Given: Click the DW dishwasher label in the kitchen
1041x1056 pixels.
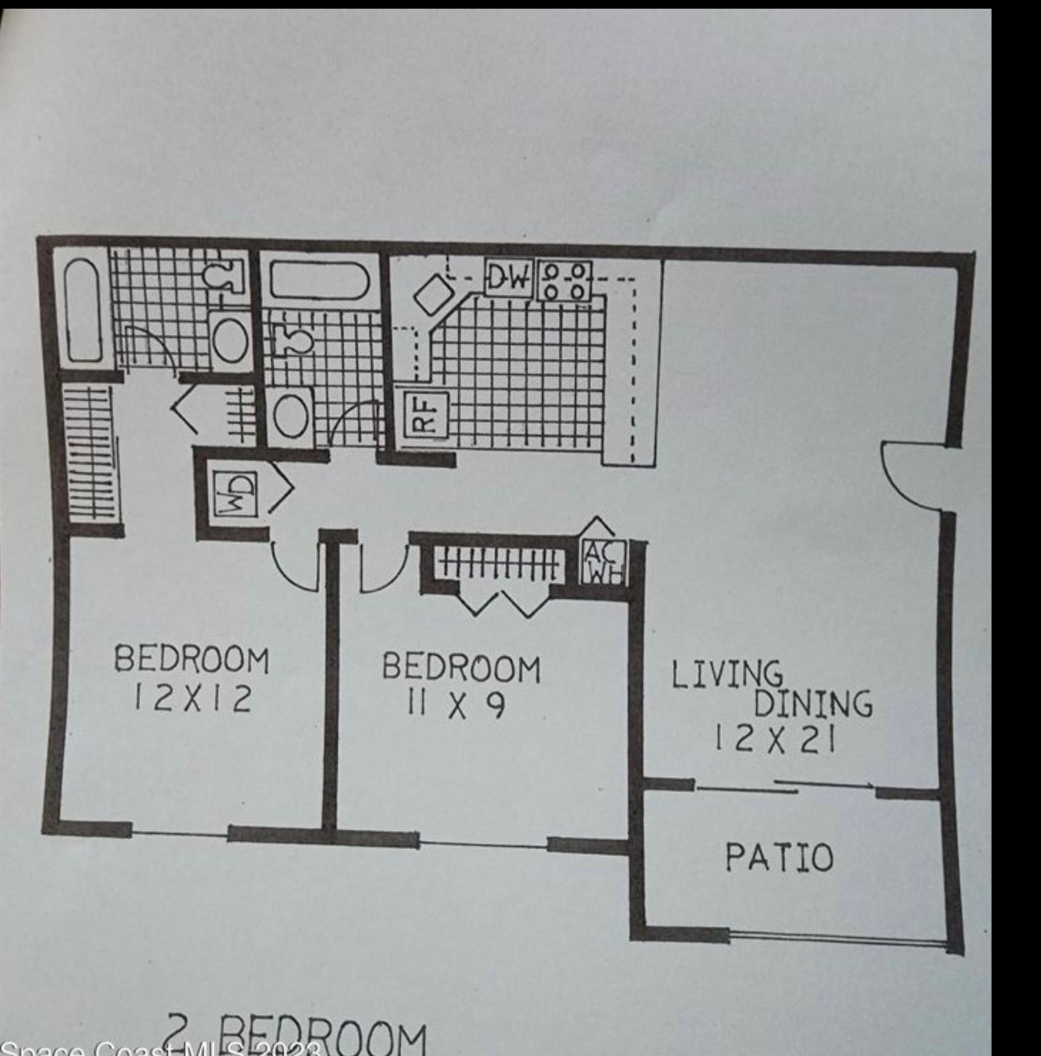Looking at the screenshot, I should (x=508, y=278).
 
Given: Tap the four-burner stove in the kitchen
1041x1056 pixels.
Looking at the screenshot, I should (x=564, y=281).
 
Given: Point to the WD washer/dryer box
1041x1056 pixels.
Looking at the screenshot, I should (x=236, y=494).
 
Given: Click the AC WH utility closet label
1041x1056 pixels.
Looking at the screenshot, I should (x=603, y=562).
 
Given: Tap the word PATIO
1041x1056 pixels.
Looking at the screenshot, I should (x=779, y=857).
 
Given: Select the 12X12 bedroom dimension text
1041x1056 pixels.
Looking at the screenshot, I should (x=192, y=699).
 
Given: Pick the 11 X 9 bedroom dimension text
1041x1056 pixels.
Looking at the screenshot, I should (x=456, y=705).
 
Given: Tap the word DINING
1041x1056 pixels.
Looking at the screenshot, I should (x=813, y=703).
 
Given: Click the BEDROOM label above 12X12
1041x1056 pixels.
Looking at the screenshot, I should (x=191, y=659).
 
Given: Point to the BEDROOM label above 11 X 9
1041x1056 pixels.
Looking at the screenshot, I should (x=461, y=668).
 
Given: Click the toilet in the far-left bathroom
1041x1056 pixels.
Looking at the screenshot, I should (x=225, y=277).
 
